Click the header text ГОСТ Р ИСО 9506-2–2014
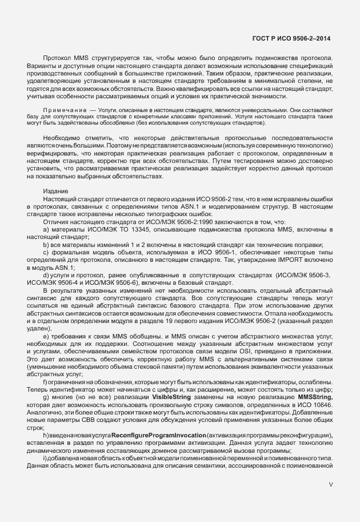click(x=291, y=38)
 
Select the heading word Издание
click(x=55, y=191)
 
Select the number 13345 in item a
click(x=146, y=230)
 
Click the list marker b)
click(x=46, y=245)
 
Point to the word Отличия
click(x=56, y=222)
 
